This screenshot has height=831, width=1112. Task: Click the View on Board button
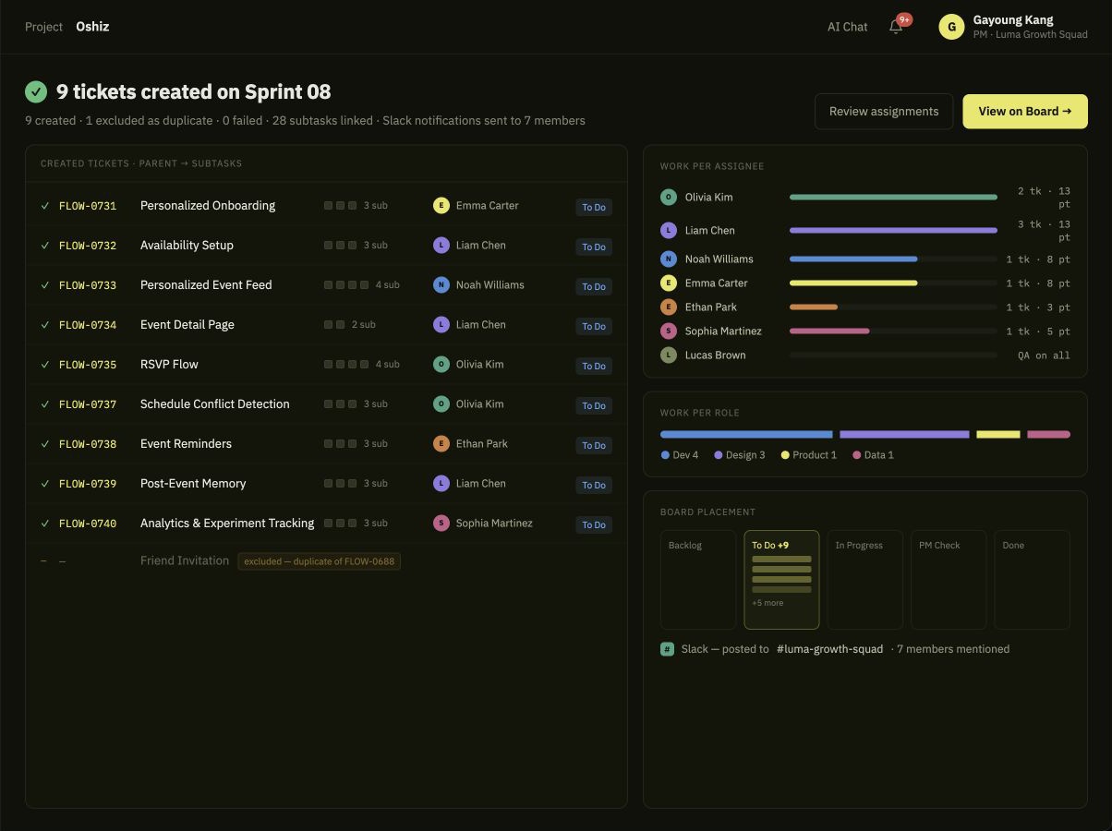click(x=1024, y=112)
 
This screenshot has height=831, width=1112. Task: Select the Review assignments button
click(x=884, y=112)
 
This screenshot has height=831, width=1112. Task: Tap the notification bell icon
click(x=896, y=27)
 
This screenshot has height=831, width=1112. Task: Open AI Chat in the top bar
click(x=847, y=27)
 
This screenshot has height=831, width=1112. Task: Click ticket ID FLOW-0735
click(x=88, y=365)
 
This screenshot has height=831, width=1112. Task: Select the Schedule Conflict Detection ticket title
click(x=215, y=403)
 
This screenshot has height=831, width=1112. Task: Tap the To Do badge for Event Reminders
click(x=594, y=445)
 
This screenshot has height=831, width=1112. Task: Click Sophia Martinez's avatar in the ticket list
click(x=441, y=523)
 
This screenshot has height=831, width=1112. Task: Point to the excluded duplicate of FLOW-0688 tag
click(x=320, y=561)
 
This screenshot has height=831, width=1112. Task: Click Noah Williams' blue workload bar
click(x=853, y=259)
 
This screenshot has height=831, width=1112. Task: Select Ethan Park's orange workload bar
click(x=814, y=307)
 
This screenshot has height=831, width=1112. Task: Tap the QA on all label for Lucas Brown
click(x=1044, y=355)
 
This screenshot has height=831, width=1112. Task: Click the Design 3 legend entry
click(x=740, y=455)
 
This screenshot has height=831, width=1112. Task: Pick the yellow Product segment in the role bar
click(x=998, y=435)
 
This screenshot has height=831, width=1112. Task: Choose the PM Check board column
click(x=949, y=579)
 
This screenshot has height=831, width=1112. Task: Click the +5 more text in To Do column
click(x=768, y=603)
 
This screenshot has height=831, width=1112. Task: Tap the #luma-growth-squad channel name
click(x=829, y=649)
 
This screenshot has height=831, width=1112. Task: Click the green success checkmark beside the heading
click(x=36, y=91)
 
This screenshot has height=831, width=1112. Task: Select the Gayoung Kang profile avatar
click(x=951, y=27)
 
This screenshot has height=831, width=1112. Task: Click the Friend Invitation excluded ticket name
click(x=185, y=560)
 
